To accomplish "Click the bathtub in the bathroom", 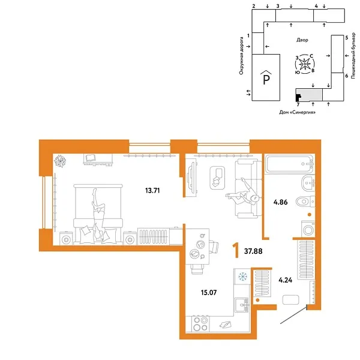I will [x=290, y=164].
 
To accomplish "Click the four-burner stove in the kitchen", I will [x=199, y=324].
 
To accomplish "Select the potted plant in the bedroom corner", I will [x=61, y=160].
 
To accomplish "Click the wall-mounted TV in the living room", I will [x=190, y=178].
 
